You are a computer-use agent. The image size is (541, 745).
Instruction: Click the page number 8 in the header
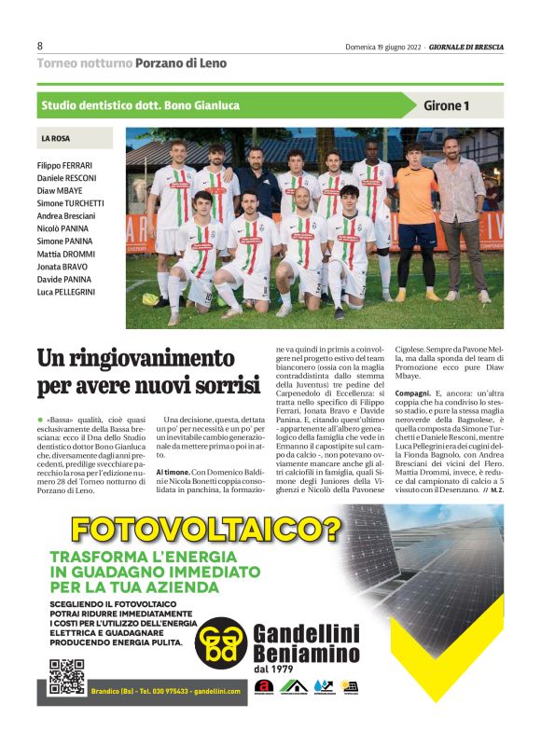tap(40, 46)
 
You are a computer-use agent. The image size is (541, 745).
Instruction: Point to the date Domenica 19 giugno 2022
tap(382, 47)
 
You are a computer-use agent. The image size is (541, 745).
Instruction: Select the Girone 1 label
tap(446, 105)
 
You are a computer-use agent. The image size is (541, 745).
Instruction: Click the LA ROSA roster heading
tap(55, 139)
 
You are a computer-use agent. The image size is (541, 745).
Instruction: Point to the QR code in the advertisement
tap(66, 676)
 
